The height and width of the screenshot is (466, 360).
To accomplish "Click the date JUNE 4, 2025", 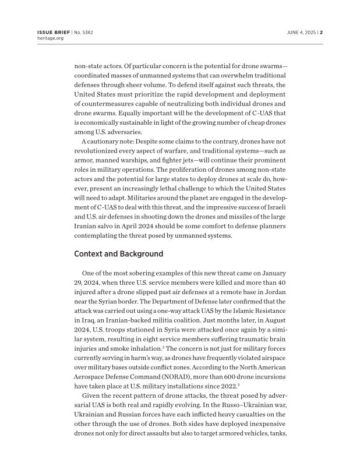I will pos(302,32).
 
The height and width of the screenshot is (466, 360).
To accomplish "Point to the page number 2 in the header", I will pos(321,32).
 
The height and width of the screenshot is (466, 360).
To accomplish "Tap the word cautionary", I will pos(102,142).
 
